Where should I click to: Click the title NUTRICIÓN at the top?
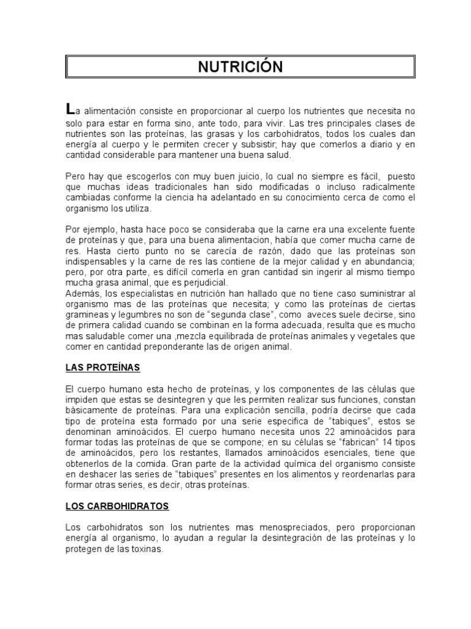point(240,67)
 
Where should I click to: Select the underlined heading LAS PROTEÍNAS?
point(102,367)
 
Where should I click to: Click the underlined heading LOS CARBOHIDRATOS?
point(117,506)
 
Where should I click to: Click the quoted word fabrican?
point(343,442)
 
